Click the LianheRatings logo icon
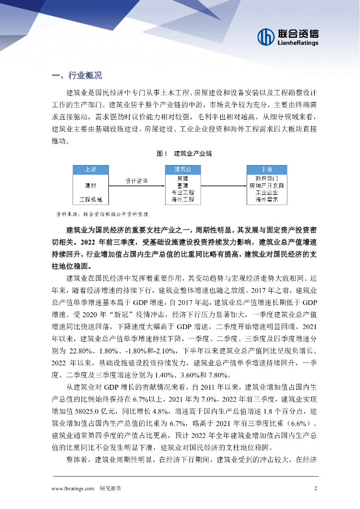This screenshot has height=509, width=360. pyautogui.click(x=266, y=36)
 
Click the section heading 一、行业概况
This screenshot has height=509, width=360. pyautogui.click(x=77, y=76)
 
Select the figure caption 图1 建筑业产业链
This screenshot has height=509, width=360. pyautogui.click(x=180, y=154)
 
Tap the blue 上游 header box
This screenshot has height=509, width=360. pyautogui.click(x=90, y=169)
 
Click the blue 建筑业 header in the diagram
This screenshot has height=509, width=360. pyautogui.click(x=182, y=169)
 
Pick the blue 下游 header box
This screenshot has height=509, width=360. pyautogui.click(x=266, y=169)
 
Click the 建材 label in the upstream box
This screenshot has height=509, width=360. pyautogui.click(x=90, y=185)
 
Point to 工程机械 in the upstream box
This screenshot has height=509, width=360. pyautogui.click(x=90, y=199)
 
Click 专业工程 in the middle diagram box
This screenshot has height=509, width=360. pyautogui.click(x=182, y=192)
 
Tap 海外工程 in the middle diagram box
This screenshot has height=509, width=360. pyautogui.click(x=182, y=199)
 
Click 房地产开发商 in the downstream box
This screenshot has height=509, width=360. pyautogui.click(x=266, y=185)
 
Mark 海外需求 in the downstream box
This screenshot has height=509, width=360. pyautogui.click(x=266, y=199)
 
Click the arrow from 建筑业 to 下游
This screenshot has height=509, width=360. pyautogui.click(x=223, y=185)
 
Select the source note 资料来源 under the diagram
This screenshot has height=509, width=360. pyautogui.click(x=102, y=214)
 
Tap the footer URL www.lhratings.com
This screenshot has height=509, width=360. pyautogui.click(x=73, y=488)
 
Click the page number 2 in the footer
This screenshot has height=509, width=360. pyautogui.click(x=315, y=488)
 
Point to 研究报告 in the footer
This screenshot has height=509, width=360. pyautogui.click(x=110, y=488)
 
